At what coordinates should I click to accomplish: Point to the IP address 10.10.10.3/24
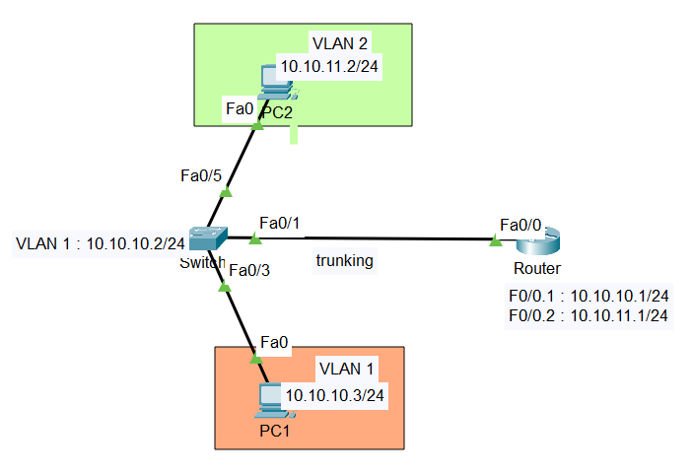334,395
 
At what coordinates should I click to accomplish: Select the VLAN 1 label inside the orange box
345,370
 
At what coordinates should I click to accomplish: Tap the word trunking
344,261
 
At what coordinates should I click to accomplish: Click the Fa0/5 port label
200,176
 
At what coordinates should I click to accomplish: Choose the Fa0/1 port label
279,223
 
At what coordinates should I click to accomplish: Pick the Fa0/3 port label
248,269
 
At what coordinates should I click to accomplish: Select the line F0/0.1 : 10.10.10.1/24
587,296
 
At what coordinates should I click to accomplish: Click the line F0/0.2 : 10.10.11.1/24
587,315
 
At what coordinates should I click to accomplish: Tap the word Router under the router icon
537,269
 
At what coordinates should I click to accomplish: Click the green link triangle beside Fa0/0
494,239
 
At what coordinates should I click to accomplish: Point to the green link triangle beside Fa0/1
254,238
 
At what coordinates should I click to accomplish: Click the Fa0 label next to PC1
274,343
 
